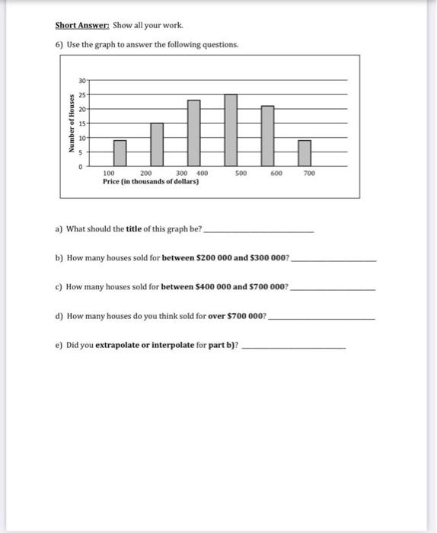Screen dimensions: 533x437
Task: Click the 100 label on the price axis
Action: pos(109,174)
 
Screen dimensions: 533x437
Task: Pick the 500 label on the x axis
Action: pos(241,174)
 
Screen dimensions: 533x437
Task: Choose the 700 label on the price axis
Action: pos(308,174)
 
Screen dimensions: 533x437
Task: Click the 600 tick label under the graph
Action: pos(276,174)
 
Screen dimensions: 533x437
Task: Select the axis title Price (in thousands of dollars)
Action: pos(151,182)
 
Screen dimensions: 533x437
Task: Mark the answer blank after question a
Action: pos(259,230)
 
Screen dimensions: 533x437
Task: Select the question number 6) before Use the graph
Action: pos(59,44)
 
